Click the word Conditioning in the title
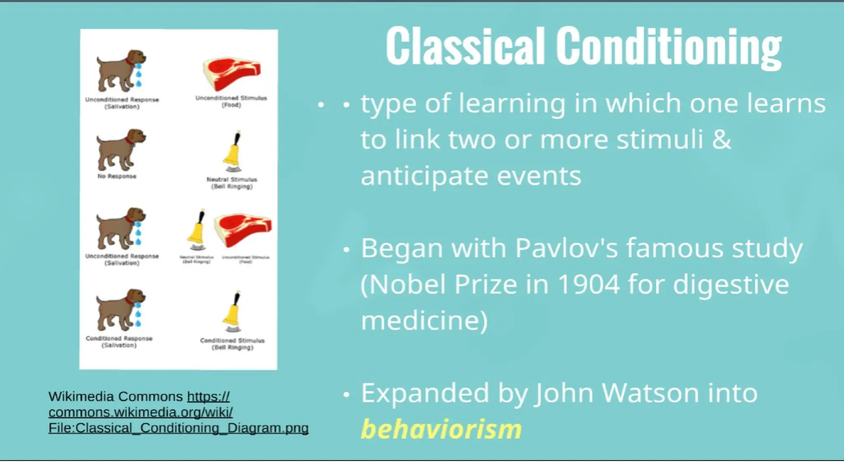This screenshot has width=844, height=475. click(x=668, y=46)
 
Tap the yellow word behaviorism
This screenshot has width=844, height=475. click(x=441, y=429)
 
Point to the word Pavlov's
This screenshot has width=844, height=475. click(x=566, y=248)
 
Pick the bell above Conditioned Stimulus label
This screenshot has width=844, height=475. click(x=233, y=312)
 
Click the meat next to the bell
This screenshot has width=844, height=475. click(x=243, y=230)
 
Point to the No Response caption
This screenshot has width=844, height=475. click(x=117, y=176)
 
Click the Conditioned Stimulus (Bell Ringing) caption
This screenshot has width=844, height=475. click(x=232, y=344)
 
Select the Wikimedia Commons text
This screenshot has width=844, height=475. click(x=115, y=397)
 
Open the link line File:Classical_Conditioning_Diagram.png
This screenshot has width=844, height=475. click(x=178, y=428)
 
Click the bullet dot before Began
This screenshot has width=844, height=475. click(x=346, y=249)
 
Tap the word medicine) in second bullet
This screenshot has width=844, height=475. click(x=424, y=321)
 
